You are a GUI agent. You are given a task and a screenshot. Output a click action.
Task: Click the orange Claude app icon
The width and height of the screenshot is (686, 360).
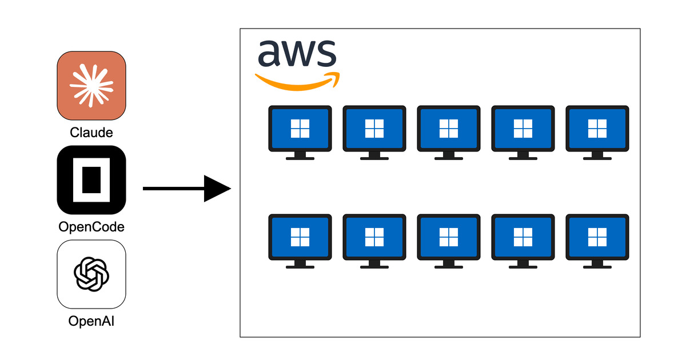click(91, 86)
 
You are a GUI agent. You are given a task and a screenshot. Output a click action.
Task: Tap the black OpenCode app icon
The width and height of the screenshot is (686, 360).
click(91, 180)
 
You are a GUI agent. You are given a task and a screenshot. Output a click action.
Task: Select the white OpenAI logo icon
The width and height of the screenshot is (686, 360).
click(91, 274)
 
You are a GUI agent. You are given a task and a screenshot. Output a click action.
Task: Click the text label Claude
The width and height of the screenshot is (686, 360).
click(91, 133)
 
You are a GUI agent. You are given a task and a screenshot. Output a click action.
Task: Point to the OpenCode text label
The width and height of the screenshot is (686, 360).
click(91, 227)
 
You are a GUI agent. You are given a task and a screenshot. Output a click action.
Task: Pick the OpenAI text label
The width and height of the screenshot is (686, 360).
click(91, 321)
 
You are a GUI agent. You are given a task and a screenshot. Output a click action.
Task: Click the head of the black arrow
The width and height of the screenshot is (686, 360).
click(217, 189)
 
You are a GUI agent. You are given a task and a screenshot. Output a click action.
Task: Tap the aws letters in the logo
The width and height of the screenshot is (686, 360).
click(297, 53)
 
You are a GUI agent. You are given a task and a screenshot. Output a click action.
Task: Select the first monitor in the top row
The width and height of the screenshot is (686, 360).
click(300, 133)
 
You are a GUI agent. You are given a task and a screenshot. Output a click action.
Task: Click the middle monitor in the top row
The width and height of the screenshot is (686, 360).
click(449, 133)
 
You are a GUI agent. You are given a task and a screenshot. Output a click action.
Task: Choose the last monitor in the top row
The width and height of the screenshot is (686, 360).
click(597, 133)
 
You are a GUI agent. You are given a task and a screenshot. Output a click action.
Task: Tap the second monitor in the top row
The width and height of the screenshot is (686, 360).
click(374, 133)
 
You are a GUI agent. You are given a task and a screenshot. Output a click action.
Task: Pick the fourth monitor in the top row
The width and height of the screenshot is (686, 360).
click(523, 133)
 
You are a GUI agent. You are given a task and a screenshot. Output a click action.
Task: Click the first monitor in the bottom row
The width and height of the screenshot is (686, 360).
click(300, 241)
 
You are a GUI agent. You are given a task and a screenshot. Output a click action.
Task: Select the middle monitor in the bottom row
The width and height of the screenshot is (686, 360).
click(449, 241)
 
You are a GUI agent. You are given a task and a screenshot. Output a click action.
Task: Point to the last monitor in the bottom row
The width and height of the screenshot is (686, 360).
click(597, 241)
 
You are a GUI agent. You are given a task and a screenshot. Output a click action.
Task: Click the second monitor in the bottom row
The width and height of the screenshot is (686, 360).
click(374, 241)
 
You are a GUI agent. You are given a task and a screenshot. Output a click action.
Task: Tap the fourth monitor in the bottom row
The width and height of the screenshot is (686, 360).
click(523, 241)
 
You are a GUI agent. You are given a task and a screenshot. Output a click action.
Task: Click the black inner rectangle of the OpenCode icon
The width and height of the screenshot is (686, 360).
click(91, 180)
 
